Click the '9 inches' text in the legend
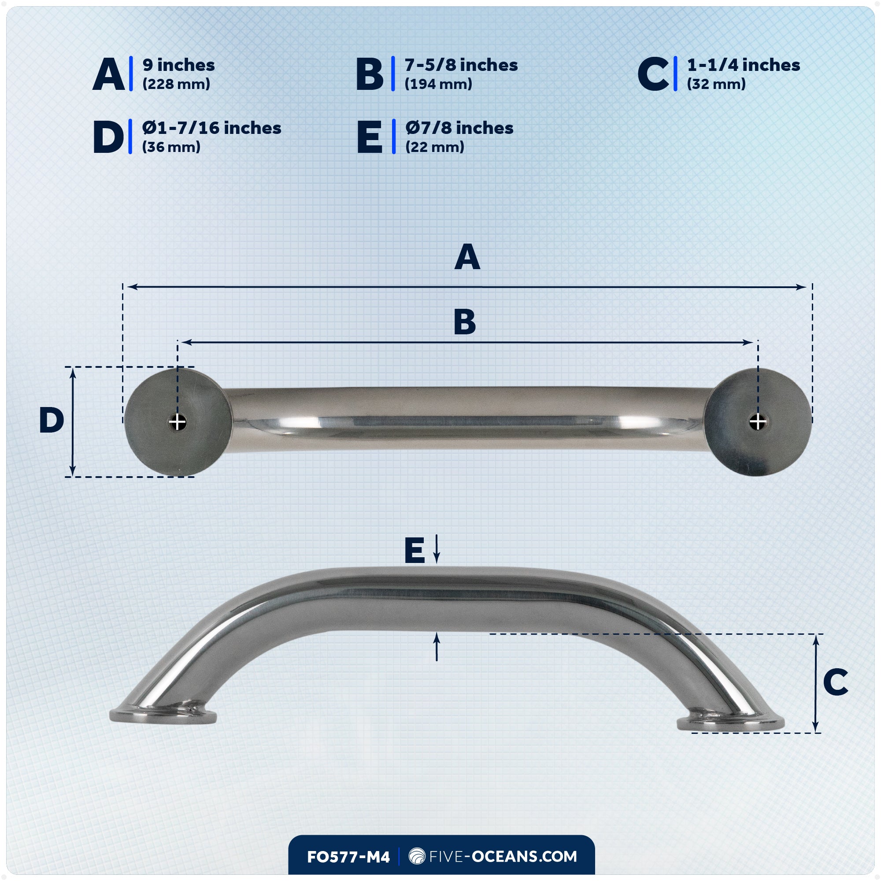pyautogui.click(x=178, y=65)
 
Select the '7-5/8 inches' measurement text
pyautogui.click(x=461, y=65)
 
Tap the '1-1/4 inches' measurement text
pyautogui.click(x=743, y=65)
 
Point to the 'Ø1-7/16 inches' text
pyautogui.click(x=211, y=128)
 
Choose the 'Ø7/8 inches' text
pyautogui.click(x=459, y=128)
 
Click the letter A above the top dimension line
pyautogui.click(x=467, y=257)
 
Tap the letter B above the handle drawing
pyautogui.click(x=465, y=322)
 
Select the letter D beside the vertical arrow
pyautogui.click(x=52, y=420)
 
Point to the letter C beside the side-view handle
pyautogui.click(x=835, y=682)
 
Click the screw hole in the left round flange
pyautogui.click(x=178, y=423)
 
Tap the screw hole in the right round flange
pyautogui.click(x=757, y=423)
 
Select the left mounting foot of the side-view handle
pyautogui.click(x=163, y=715)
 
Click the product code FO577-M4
pyautogui.click(x=348, y=857)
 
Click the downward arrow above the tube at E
pyautogui.click(x=437, y=549)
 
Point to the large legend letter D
pyautogui.click(x=108, y=137)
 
